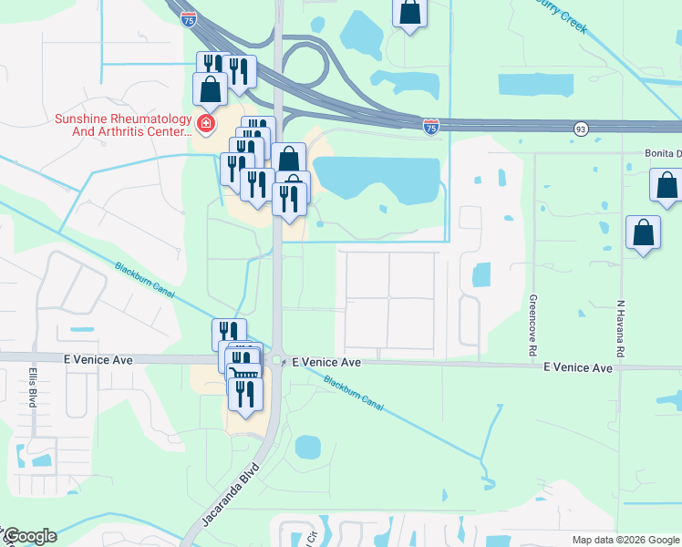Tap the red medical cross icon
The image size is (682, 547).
[207, 123]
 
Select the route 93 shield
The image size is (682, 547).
[581, 130]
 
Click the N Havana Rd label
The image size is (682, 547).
[619, 330]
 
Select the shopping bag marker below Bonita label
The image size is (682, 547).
[666, 184]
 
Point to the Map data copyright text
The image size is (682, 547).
[625, 540]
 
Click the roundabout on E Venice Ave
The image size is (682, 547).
[277, 362]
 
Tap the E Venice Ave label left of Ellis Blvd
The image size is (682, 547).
[97, 360]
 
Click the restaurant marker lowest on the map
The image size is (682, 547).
[245, 393]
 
